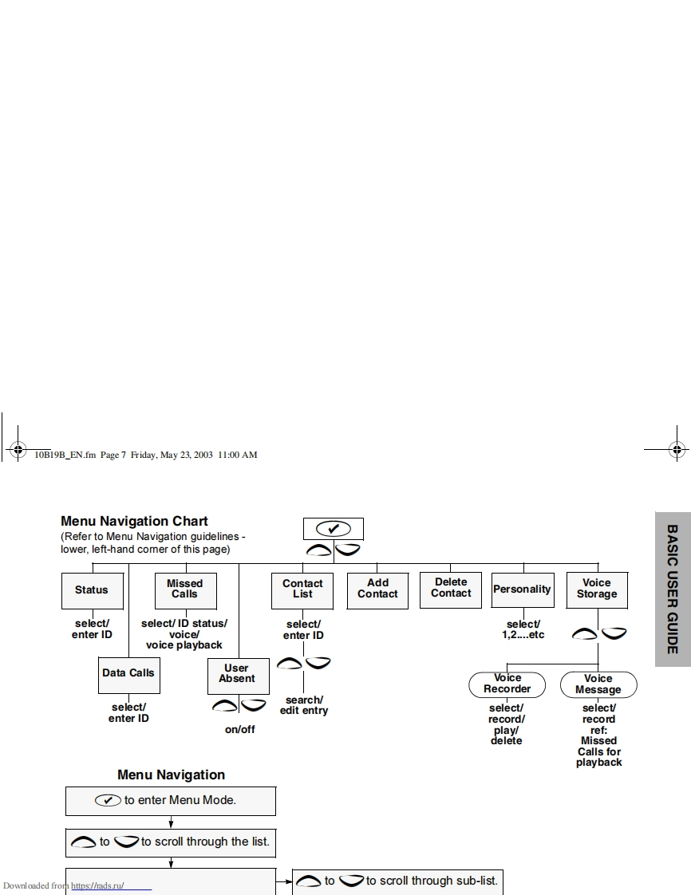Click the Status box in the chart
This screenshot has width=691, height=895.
tap(92, 590)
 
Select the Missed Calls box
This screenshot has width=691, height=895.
tap(184, 589)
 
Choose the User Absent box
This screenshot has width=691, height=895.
tap(237, 674)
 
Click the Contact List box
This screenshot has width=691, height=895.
tap(302, 589)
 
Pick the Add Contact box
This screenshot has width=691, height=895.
tap(377, 589)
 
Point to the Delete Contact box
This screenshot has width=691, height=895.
tap(451, 589)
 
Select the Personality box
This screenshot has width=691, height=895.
tap(522, 589)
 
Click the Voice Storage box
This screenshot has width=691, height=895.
tap(597, 589)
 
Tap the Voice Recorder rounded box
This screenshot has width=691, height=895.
tap(507, 684)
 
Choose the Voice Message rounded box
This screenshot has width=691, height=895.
tap(598, 684)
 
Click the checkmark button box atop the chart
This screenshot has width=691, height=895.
tap(334, 529)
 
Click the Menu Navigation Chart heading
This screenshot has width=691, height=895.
tap(134, 522)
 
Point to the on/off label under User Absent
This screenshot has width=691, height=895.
tap(239, 729)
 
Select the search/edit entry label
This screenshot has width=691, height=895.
tap(303, 705)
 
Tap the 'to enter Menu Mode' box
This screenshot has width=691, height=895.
tap(171, 800)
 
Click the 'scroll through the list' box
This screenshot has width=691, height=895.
tap(171, 842)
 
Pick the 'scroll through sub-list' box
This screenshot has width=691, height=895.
tap(397, 881)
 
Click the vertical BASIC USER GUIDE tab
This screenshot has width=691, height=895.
tap(673, 589)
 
